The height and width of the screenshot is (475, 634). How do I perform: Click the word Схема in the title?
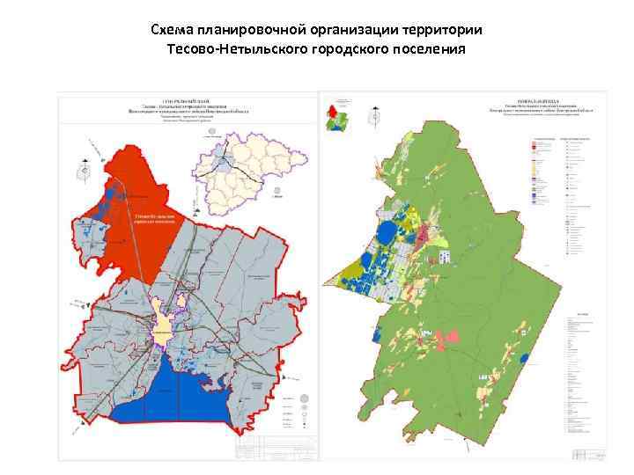click(x=172, y=31)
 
